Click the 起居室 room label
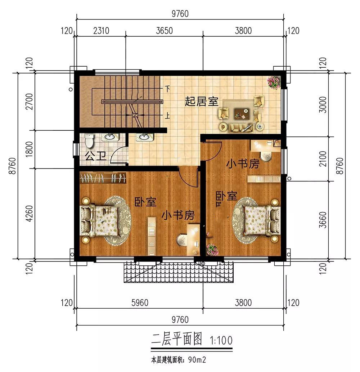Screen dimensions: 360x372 [x=201, y=102]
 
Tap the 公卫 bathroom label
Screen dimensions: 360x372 [x=95, y=156]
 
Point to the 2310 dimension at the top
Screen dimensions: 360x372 [x=101, y=31]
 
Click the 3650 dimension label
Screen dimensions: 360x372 [x=164, y=31]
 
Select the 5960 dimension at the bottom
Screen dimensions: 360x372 [x=140, y=303]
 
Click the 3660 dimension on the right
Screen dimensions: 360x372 [x=323, y=220]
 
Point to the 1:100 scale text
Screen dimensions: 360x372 [x=221, y=340]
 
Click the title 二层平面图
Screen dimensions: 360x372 [x=177, y=339]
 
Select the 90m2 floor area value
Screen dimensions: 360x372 [x=197, y=360]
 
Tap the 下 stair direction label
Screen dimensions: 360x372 [x=168, y=89]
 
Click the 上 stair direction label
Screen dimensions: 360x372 [x=168, y=116]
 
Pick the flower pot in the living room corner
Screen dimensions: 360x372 [x=274, y=82]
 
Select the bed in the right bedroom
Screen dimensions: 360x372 [x=262, y=220]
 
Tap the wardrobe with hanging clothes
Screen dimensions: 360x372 [x=103, y=178]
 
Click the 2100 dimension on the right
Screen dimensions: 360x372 [x=323, y=159]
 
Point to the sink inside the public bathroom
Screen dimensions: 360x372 [x=109, y=137]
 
